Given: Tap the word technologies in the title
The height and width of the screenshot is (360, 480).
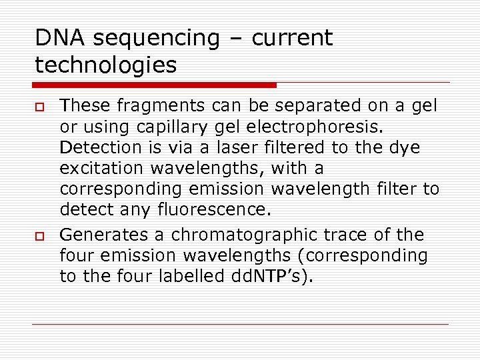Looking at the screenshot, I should [106, 65].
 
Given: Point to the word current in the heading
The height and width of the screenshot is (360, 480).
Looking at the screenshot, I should [291, 38].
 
